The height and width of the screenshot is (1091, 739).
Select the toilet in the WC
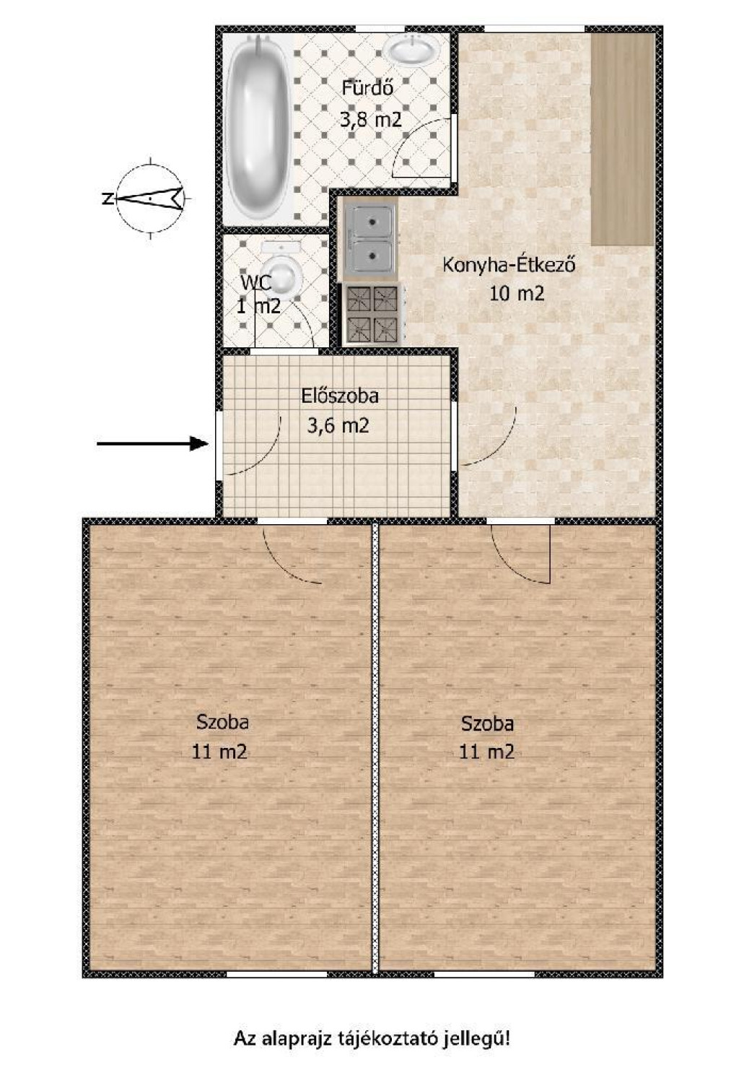click(281, 271)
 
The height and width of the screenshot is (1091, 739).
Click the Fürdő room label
click(367, 89)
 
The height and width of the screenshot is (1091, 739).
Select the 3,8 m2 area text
click(371, 119)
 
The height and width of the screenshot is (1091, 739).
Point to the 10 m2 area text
click(517, 294)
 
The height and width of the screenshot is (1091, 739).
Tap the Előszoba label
click(340, 396)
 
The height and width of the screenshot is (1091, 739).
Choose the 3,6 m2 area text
click(338, 426)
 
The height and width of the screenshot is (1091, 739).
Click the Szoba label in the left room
click(222, 721)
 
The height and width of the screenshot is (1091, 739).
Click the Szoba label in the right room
click(487, 723)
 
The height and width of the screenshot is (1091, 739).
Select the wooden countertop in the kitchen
click(622, 139)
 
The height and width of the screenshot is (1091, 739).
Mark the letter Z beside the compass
click(107, 199)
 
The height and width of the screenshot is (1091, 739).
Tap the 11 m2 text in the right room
click(487, 752)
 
